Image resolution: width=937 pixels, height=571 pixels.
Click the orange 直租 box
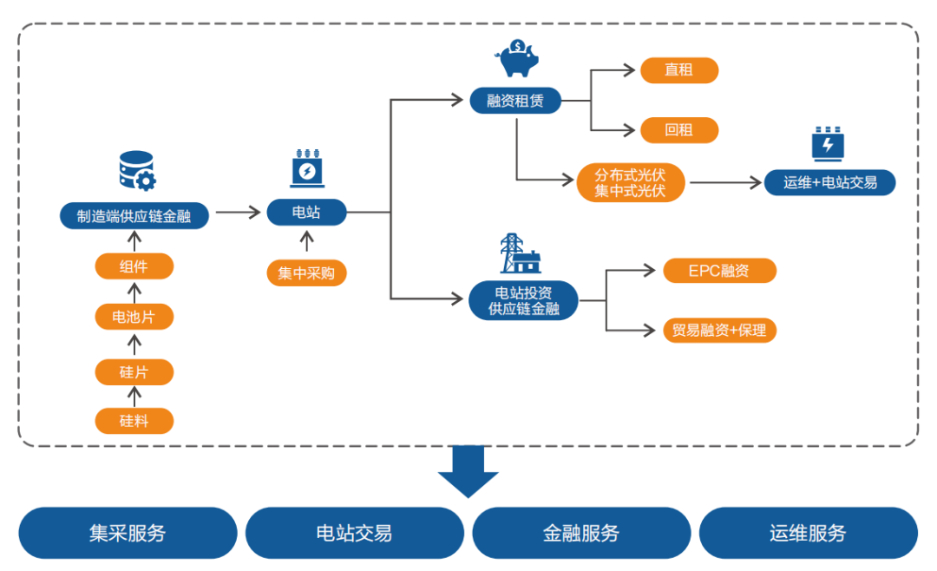click(x=678, y=70)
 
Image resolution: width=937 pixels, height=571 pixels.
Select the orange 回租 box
click(x=678, y=130)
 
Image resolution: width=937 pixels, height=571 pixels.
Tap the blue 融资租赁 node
click(x=515, y=101)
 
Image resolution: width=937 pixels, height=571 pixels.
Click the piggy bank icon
click(x=517, y=59)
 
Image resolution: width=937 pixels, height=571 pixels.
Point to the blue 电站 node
click(x=306, y=213)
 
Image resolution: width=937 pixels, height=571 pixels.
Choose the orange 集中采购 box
click(x=306, y=273)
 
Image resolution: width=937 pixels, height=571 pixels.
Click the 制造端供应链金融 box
click(x=134, y=216)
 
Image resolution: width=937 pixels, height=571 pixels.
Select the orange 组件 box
click(x=134, y=266)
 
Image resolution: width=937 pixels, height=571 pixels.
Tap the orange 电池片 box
click(x=134, y=317)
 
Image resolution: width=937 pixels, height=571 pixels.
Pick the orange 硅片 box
click(x=134, y=372)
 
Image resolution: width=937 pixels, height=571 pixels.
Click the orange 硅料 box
click(x=134, y=421)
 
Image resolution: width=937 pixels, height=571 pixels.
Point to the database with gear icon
click(x=137, y=171)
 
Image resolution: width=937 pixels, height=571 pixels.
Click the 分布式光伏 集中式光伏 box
click(x=630, y=183)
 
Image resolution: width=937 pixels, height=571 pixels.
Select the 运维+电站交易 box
click(x=830, y=183)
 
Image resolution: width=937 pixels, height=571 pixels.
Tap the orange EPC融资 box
click(x=719, y=271)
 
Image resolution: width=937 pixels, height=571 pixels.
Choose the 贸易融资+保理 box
click(x=719, y=330)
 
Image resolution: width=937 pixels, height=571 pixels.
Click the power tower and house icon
click(x=520, y=253)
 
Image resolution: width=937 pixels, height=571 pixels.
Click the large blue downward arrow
click(x=468, y=472)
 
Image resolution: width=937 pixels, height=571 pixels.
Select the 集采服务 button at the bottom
click(x=128, y=533)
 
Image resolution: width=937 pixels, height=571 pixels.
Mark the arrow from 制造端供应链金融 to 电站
click(x=238, y=213)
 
